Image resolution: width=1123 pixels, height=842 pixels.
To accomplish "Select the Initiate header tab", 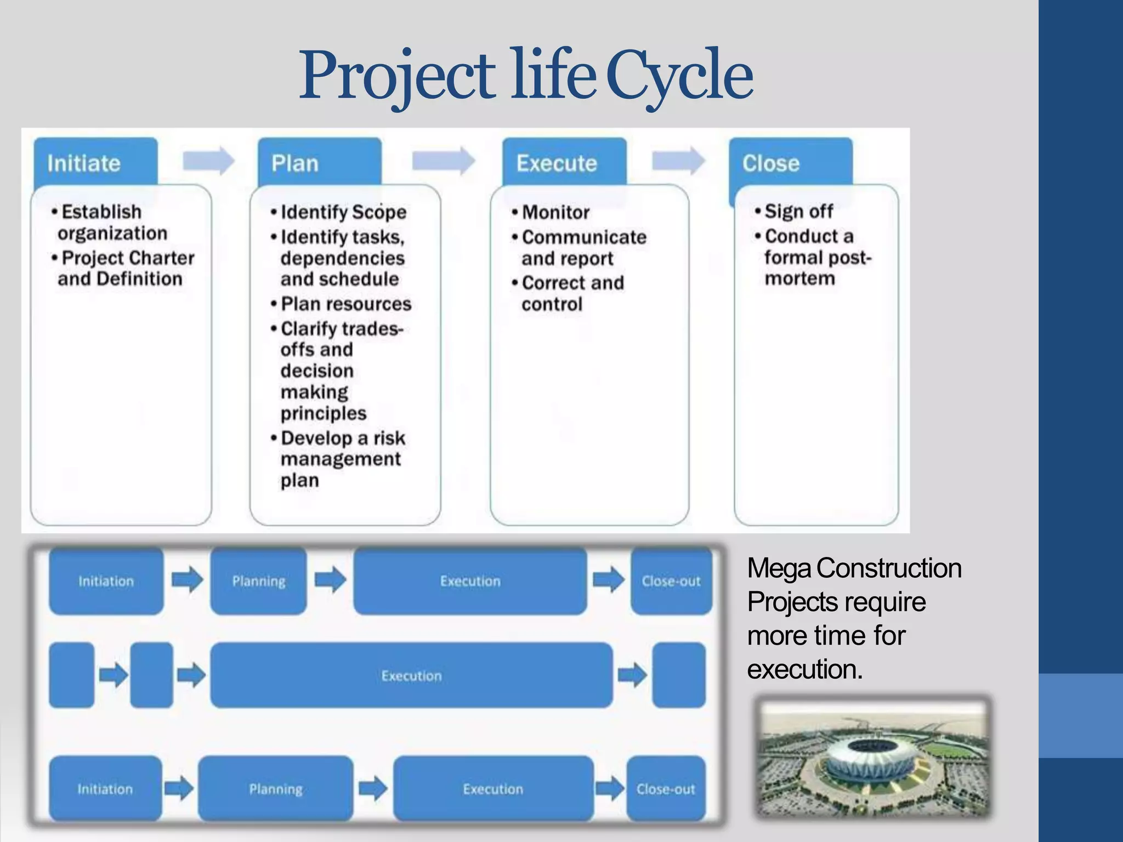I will [95, 163].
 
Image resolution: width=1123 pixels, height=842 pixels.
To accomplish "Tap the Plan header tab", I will [319, 163].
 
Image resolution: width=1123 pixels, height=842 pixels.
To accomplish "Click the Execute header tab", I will [564, 163].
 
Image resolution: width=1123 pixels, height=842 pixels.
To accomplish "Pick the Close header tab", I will [790, 163].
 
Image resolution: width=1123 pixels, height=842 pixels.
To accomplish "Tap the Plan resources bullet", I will [345, 304].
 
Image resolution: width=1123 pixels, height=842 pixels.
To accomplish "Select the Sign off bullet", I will [798, 211].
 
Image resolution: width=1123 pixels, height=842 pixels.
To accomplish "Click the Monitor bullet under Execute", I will [555, 212].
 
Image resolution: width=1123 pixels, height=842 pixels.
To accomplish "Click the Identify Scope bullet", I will [343, 212].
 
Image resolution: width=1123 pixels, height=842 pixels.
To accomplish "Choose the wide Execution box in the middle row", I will [411, 675].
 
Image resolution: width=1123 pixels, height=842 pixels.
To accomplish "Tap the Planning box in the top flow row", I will [258, 581].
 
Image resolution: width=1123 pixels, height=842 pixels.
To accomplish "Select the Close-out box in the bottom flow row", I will [665, 789].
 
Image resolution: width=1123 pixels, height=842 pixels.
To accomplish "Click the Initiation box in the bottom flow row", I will [105, 789].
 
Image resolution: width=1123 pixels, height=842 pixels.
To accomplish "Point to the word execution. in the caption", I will [804, 669].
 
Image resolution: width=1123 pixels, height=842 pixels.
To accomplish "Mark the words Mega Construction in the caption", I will [854, 568].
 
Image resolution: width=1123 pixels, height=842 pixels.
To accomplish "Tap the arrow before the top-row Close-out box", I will [608, 580].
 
